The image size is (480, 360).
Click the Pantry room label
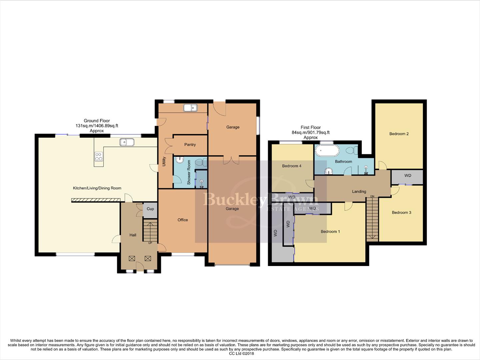tap(190, 145)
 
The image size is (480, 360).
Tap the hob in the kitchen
tap(99, 156)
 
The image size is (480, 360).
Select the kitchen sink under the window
tap(127, 142)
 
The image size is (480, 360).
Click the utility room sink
tap(190, 108)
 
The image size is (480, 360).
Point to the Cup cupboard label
tap(150, 209)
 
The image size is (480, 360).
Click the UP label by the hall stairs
tap(150, 243)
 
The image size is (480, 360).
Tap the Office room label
tap(183, 220)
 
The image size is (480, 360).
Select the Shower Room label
tap(189, 172)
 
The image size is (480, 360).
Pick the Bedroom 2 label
tap(399, 134)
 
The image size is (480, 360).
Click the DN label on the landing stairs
tap(372, 196)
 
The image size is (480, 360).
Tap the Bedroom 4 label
tap(291, 166)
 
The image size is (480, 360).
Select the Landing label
tap(359, 192)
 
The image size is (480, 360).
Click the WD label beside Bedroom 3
tap(407, 176)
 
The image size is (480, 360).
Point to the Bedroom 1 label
tap(330, 232)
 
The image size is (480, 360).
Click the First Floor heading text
tap(310, 128)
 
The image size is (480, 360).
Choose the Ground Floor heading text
tap(97, 121)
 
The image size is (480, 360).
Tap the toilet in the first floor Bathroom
tap(351, 151)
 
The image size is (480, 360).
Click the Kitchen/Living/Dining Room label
tap(97, 188)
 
